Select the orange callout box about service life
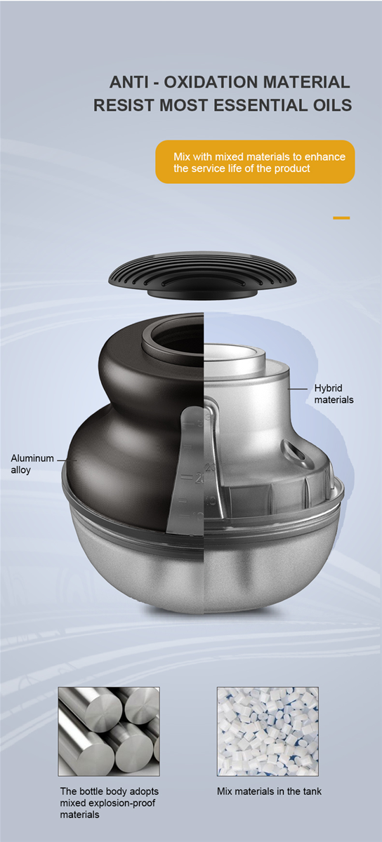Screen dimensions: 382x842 tap(255, 162)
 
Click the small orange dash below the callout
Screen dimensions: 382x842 tap(341, 218)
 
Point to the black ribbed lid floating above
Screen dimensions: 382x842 tap(202, 275)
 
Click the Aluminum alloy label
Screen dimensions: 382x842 tap(32, 464)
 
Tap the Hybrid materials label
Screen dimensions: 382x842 tap(334, 394)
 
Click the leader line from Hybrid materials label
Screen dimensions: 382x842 tap(298, 389)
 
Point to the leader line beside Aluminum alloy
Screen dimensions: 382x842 tap(67, 460)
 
